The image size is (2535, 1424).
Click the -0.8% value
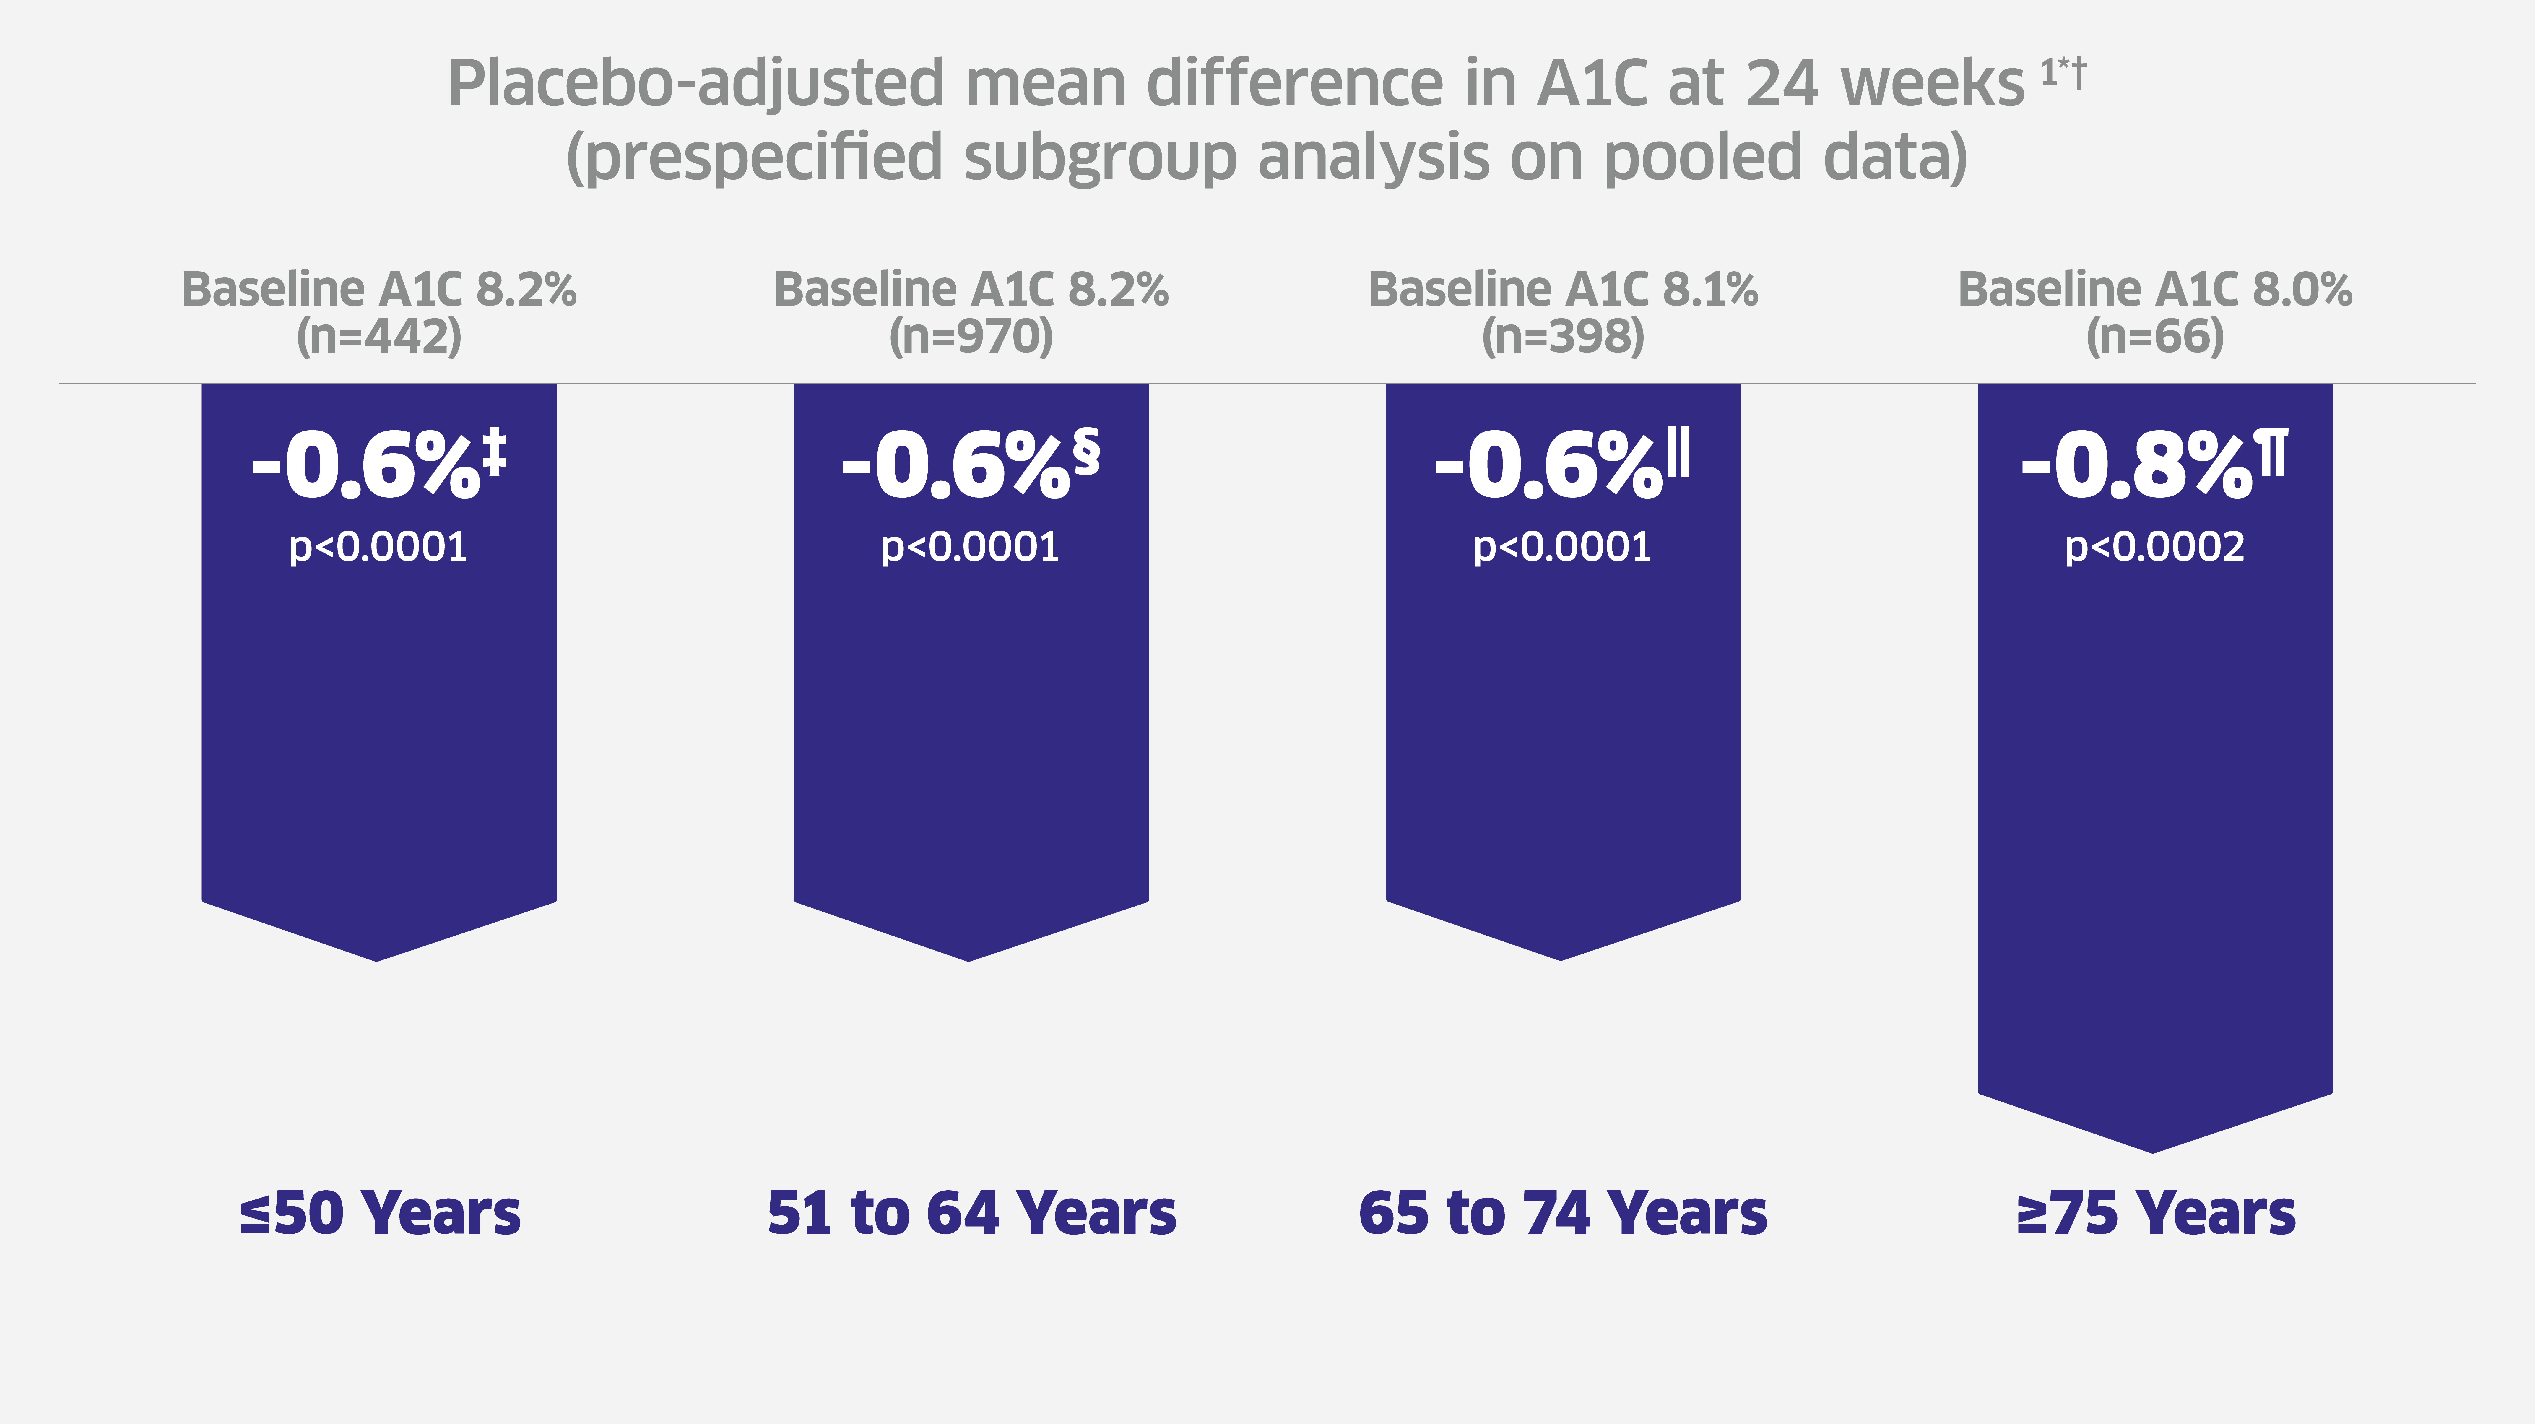point(2136,465)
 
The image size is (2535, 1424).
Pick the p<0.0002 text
point(2155,547)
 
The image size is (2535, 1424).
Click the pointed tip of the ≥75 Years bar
point(2153,1149)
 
